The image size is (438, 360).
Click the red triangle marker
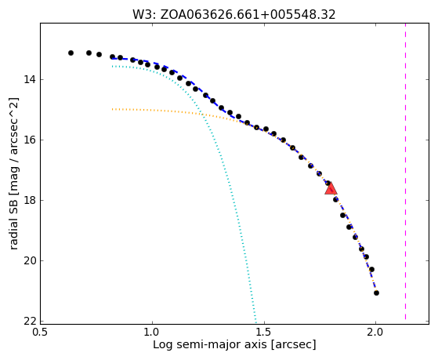(x=331, y=189)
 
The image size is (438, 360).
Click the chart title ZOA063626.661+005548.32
(x=248, y=15)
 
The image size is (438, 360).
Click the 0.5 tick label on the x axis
(x=41, y=332)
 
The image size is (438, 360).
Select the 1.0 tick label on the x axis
(x=152, y=332)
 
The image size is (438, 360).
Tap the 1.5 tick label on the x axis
(x=264, y=332)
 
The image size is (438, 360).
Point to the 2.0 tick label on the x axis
(x=375, y=332)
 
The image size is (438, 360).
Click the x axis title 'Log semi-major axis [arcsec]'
(x=234, y=344)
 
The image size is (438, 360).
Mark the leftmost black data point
(x=71, y=53)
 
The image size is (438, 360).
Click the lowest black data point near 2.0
(x=376, y=293)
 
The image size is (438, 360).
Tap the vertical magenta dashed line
(x=405, y=172)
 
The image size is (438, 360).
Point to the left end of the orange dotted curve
(x=112, y=109)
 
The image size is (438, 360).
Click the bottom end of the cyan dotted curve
(x=255, y=321)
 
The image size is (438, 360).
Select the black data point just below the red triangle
(x=335, y=199)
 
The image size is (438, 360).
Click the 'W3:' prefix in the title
(x=144, y=15)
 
